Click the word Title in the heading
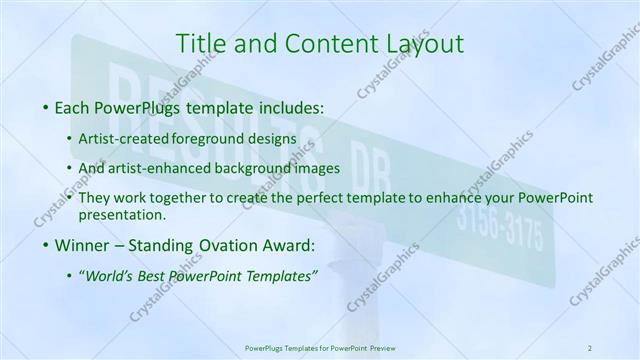coord(200,43)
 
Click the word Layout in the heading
coord(426,43)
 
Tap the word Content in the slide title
coord(321,43)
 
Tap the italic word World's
coord(111,275)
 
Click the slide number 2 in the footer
coord(590,347)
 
